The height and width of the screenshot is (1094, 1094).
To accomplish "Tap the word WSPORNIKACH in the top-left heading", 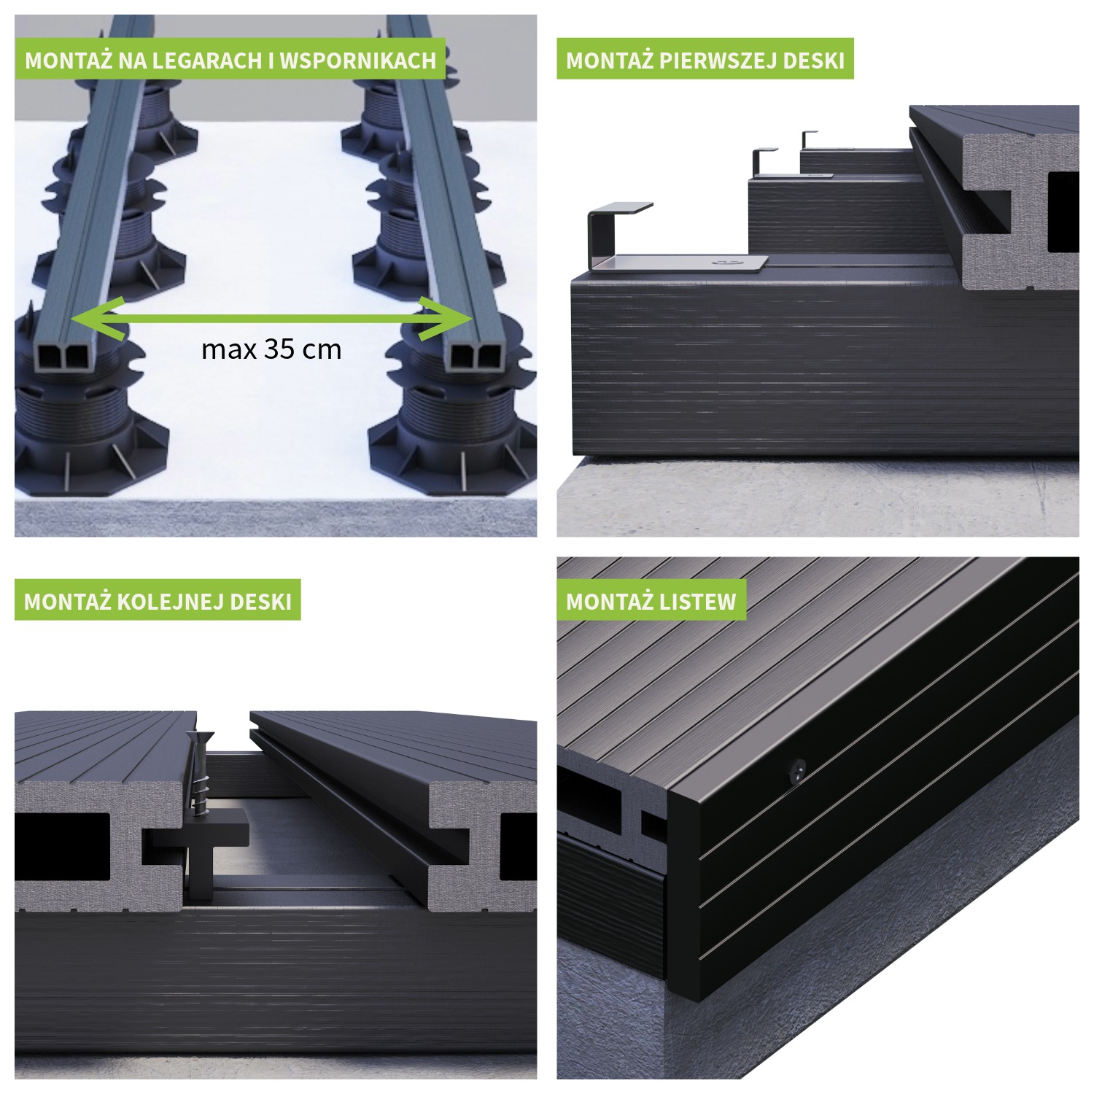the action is coord(358,60).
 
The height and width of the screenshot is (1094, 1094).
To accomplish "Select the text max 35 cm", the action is coord(271,349).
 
